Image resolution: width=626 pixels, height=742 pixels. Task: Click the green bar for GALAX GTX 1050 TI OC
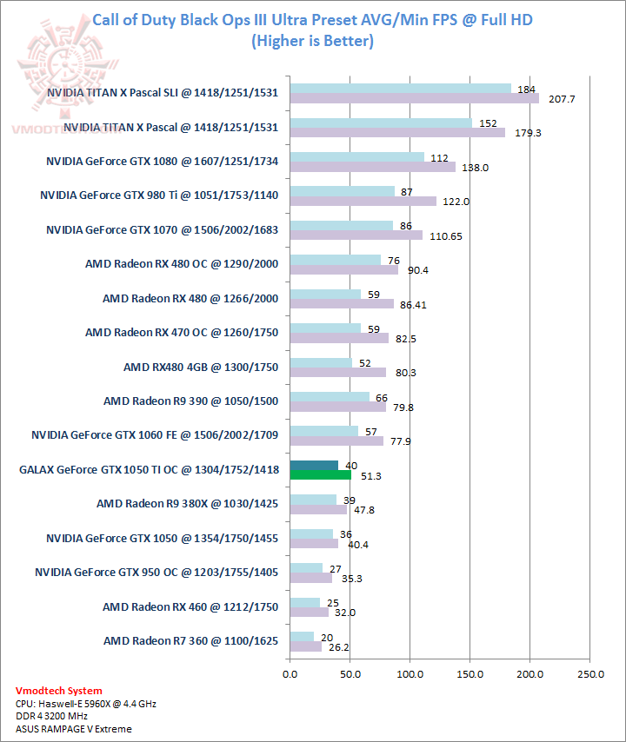point(321,475)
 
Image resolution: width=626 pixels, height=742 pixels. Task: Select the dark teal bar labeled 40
point(314,466)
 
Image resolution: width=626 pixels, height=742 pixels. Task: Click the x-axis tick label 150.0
point(470,673)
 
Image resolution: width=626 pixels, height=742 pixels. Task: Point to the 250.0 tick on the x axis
point(590,673)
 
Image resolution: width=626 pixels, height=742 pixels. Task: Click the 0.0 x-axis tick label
point(290,673)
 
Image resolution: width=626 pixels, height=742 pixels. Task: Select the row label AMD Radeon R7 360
point(190,640)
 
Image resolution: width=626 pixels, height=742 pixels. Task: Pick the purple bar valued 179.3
point(397,133)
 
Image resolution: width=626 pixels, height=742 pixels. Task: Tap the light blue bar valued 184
point(401,88)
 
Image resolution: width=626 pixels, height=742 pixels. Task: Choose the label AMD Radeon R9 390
point(190,401)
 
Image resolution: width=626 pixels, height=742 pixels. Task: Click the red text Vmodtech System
point(58,691)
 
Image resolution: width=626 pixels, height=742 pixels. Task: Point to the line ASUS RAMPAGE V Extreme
point(73,728)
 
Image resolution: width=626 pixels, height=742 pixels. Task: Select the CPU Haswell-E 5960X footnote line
point(85,703)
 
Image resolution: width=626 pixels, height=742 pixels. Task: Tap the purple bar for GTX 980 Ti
point(363,202)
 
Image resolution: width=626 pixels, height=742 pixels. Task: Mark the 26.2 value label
point(339,647)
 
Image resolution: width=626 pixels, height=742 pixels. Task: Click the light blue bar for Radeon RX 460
point(305,602)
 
